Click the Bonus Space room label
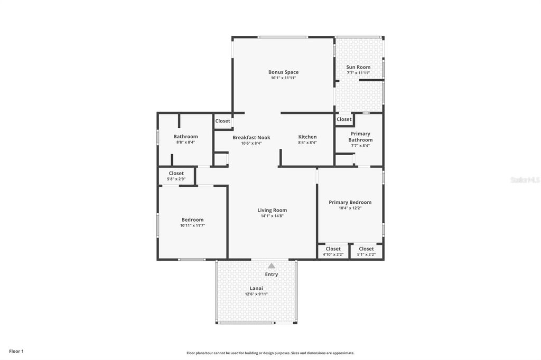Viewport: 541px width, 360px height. click(283, 72)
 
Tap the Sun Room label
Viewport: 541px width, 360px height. click(358, 67)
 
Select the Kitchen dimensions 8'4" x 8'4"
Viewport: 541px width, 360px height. click(307, 143)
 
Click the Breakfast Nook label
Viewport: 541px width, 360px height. click(251, 137)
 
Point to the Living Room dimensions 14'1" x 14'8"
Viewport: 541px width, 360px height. click(272, 215)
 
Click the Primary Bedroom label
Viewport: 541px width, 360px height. click(350, 202)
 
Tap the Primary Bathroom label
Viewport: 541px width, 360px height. click(360, 137)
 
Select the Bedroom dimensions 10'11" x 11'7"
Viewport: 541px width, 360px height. click(192, 225)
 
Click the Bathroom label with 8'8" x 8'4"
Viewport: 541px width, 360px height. click(185, 136)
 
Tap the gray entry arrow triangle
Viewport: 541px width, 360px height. click(272, 266)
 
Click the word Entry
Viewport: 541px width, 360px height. click(272, 274)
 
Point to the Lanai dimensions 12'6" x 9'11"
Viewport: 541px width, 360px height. click(256, 294)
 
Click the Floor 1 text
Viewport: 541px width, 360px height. click(16, 351)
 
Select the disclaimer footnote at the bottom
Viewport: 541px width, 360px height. click(270, 353)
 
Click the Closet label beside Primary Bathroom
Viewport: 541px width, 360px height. click(344, 119)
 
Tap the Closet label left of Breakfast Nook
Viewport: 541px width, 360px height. click(222, 121)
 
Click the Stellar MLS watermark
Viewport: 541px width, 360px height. click(524, 180)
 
